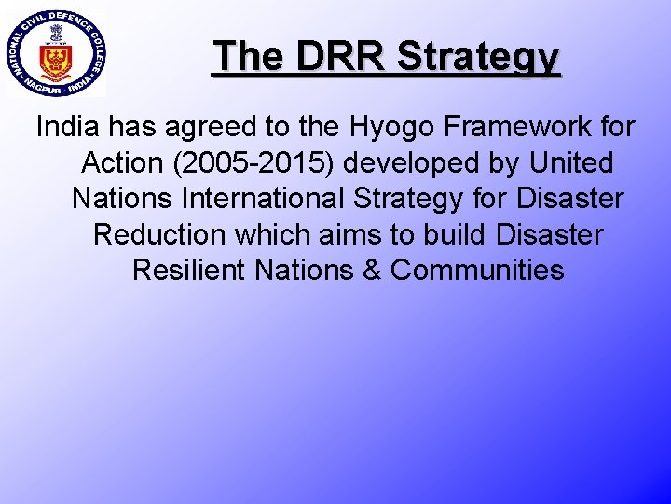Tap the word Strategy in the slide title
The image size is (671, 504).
(478, 58)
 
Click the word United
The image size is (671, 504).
(571, 162)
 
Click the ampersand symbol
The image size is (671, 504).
(370, 270)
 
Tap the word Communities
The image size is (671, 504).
(477, 270)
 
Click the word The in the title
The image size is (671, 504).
(247, 56)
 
